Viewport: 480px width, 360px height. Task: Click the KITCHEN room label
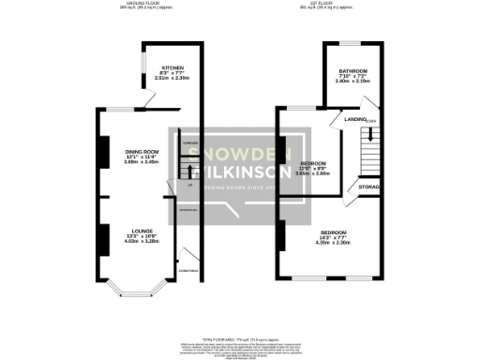coord(172,68)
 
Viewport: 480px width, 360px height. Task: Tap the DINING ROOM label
coord(142,151)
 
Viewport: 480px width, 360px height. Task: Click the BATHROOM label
coord(352,72)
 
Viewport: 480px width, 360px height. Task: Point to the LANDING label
coord(355,119)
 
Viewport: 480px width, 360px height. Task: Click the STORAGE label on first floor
coord(369,187)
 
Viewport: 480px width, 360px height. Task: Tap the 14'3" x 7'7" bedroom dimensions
coord(335,237)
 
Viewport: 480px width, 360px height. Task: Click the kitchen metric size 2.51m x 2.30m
coord(172,80)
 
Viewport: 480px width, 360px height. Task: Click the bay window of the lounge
coord(123,289)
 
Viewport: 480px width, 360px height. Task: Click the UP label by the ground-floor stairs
coord(190,186)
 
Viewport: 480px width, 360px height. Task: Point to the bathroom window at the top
coord(352,43)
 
